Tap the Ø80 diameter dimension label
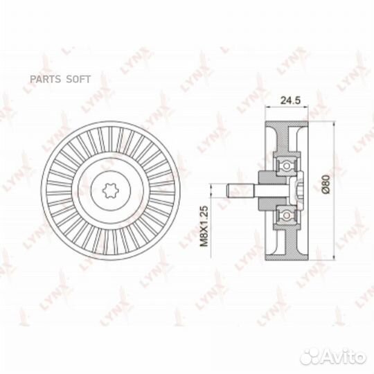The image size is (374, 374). tap(326, 184)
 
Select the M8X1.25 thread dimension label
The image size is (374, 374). tap(204, 226)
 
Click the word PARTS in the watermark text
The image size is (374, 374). tap(45, 79)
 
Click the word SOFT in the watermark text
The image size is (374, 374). tap(78, 79)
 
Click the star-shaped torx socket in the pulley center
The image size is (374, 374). tap(110, 190)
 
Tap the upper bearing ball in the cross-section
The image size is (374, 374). tap(286, 166)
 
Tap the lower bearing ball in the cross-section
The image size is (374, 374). tap(286, 215)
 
